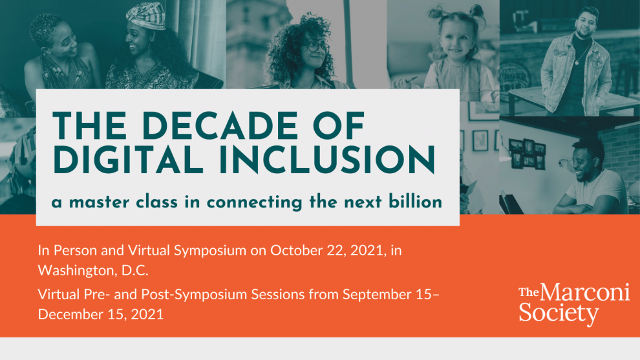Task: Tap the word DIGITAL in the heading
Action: tap(128, 160)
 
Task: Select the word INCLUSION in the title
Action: tap(327, 160)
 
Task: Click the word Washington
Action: tap(76, 270)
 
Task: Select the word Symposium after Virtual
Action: tap(210, 251)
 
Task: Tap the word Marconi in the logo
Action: tap(585, 292)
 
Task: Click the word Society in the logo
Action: tap(559, 313)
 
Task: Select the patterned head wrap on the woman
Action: tap(146, 15)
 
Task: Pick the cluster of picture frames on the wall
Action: tap(527, 153)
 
